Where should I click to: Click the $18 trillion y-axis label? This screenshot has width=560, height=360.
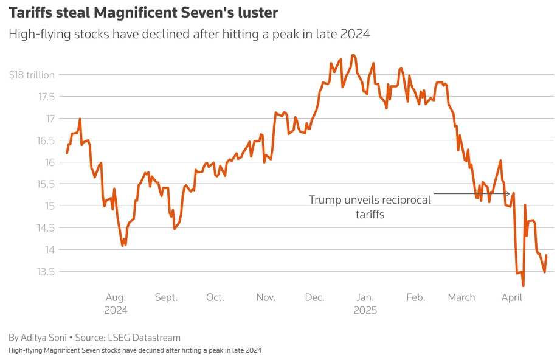(32, 75)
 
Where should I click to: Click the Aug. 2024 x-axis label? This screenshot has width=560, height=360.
(116, 303)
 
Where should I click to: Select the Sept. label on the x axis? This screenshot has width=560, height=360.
(166, 297)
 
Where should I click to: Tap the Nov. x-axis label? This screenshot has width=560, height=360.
(266, 297)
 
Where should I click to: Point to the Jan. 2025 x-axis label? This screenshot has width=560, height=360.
(365, 303)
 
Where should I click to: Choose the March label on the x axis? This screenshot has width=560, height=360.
(461, 297)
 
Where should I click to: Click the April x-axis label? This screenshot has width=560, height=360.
(512, 297)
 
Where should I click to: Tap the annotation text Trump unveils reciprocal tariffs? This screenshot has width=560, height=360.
(370, 207)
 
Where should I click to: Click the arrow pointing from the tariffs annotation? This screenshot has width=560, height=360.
(471, 194)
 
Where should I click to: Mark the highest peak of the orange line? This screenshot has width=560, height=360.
(353, 55)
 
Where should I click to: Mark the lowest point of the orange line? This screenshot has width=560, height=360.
(523, 286)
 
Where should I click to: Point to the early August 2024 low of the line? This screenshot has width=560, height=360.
(124, 245)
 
